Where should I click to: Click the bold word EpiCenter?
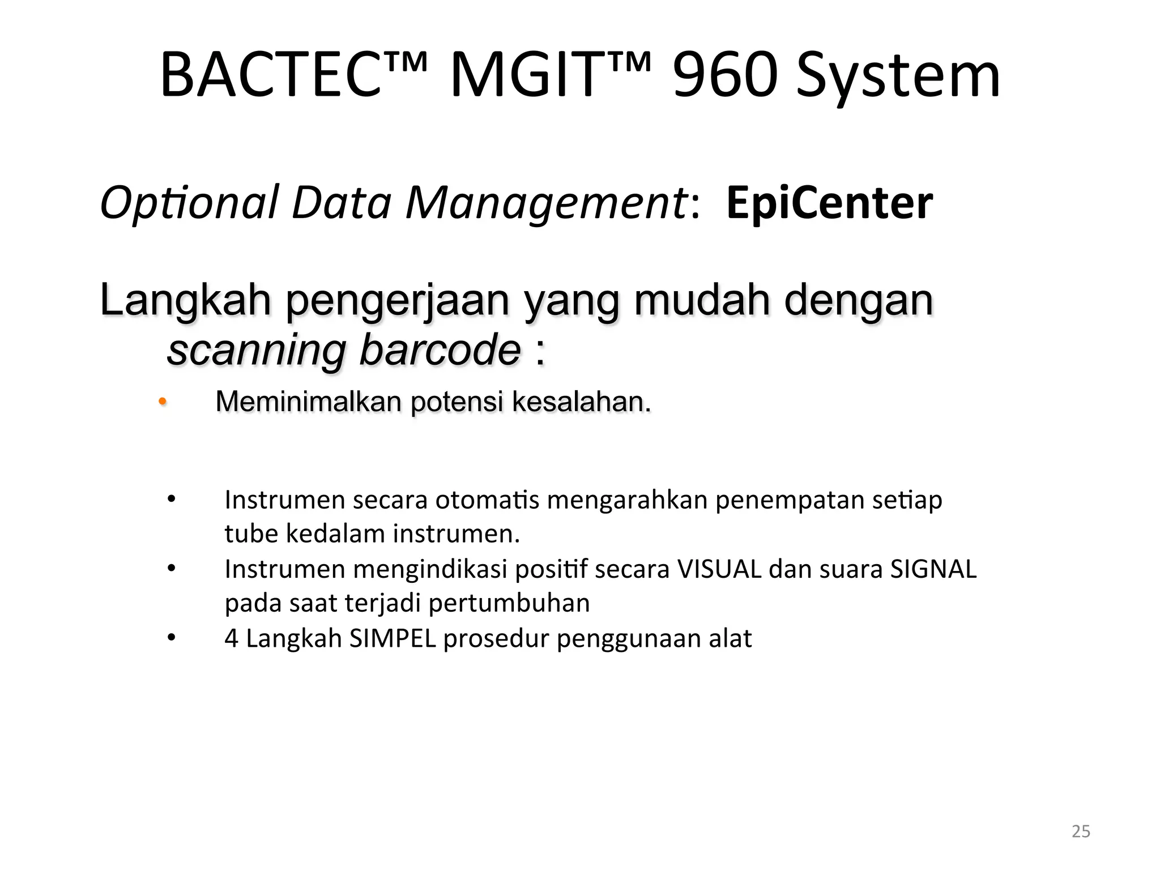click(x=829, y=204)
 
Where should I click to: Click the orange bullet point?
click(x=162, y=402)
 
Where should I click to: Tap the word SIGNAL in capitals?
click(x=933, y=569)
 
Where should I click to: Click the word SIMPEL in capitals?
click(x=393, y=638)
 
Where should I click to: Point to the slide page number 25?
click(x=1081, y=831)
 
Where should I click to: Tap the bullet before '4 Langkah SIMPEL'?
click(x=172, y=638)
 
